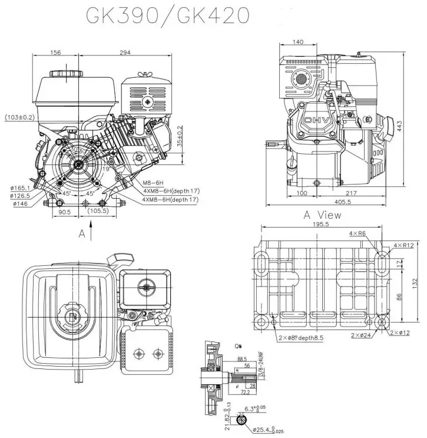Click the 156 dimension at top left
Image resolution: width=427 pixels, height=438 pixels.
[x=55, y=53]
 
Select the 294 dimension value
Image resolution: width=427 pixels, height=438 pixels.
[x=125, y=53]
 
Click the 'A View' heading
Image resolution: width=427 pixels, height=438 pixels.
[x=323, y=215]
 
